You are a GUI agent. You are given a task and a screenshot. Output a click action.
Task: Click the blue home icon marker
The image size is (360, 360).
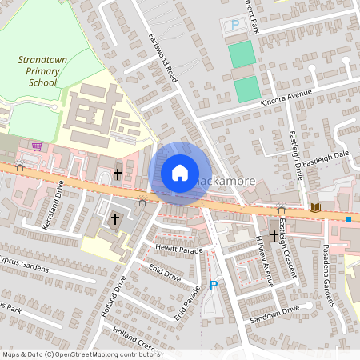coord(180,173)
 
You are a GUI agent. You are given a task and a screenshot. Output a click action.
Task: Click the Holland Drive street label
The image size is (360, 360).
coord(114,295)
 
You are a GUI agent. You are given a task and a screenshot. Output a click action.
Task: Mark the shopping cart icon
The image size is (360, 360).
coord(37,146)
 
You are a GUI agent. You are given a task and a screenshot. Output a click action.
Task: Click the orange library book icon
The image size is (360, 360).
coord(315,207)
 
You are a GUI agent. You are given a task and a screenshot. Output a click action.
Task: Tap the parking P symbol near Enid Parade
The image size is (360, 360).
coord(213,285)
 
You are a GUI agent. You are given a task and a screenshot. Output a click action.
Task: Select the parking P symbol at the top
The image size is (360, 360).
coord(235,25)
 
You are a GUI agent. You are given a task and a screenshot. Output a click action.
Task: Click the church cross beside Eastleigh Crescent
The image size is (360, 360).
coord(274,235)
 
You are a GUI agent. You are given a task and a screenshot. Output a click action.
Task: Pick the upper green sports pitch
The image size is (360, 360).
coord(242,54)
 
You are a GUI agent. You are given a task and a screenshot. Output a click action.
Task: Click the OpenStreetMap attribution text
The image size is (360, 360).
coord(81,354)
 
